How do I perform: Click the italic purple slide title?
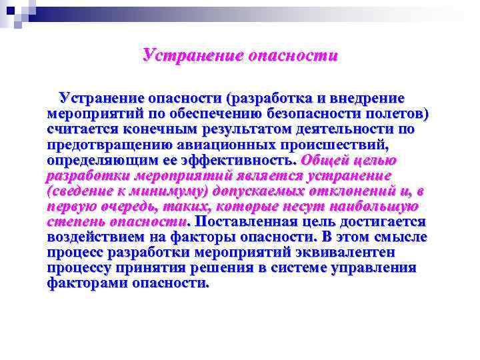coord(240,55)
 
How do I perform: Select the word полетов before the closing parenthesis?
coord(397,114)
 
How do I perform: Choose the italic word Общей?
coord(326,160)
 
